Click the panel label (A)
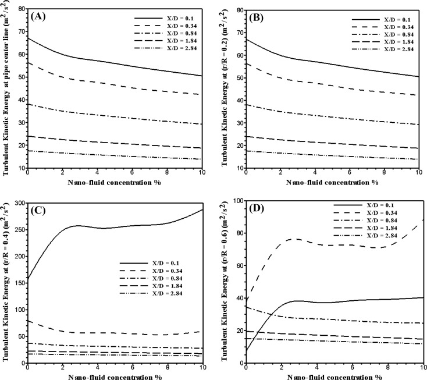point(38,16)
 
